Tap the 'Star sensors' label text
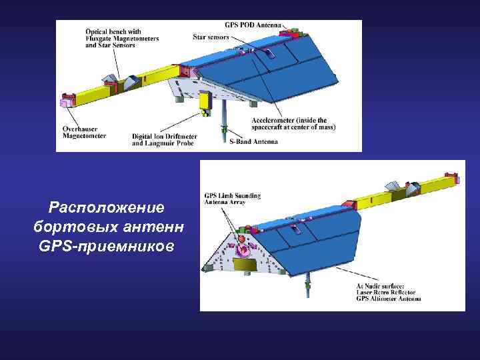click(211, 37)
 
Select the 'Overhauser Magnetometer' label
click(85, 133)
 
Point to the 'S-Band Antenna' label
click(253, 141)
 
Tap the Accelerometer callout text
click(293, 123)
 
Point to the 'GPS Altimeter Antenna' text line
click(389, 299)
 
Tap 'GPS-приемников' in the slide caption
click(107, 246)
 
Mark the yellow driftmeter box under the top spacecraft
click(205, 101)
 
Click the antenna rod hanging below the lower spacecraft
click(307, 288)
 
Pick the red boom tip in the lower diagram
click(457, 177)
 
